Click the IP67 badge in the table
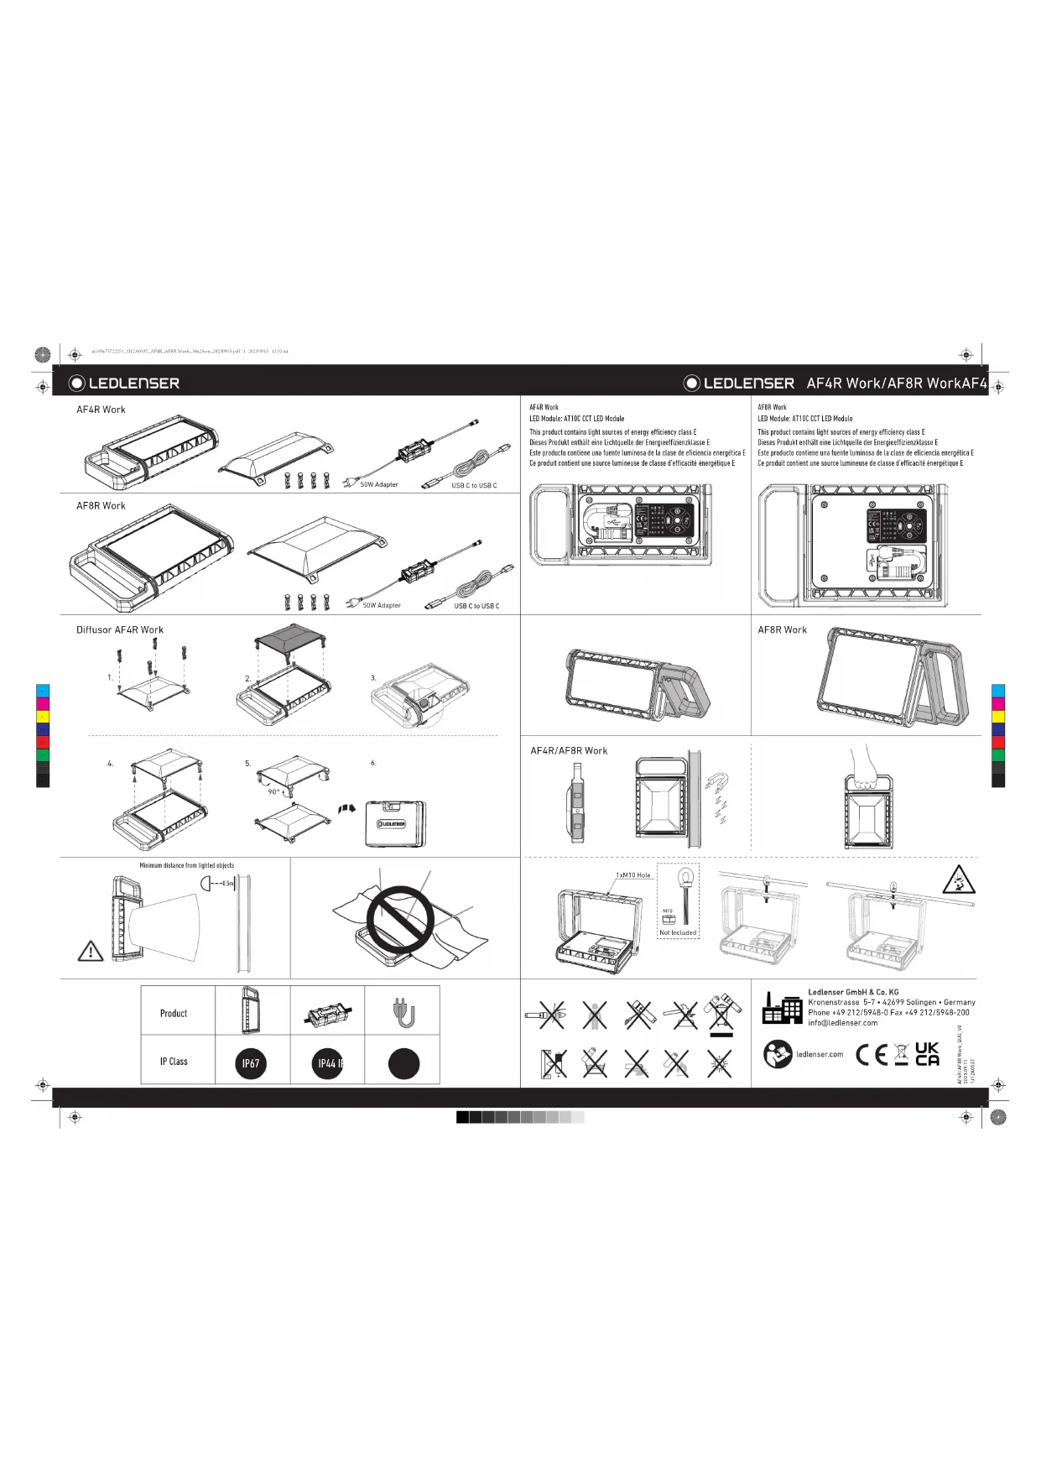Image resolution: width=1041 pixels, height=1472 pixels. (x=251, y=1063)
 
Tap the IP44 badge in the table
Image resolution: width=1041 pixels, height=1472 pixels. (x=328, y=1063)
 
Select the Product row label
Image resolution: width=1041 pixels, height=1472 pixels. (x=174, y=1013)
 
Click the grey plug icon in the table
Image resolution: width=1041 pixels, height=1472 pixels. (x=403, y=1012)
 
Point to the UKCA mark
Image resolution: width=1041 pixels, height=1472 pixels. (x=927, y=1054)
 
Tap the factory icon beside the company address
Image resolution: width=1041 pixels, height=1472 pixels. (x=782, y=1008)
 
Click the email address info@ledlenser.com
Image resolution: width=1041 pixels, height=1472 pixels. (x=842, y=1023)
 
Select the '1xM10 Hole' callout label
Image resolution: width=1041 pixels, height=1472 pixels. (x=632, y=875)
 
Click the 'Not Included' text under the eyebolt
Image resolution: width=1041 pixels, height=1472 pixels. (x=678, y=932)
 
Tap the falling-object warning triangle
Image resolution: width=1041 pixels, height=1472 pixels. (x=958, y=880)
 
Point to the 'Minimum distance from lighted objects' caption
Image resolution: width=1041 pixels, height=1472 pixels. (x=186, y=865)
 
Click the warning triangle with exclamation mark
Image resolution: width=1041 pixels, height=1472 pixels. (x=91, y=951)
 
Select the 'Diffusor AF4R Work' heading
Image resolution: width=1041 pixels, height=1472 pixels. (x=120, y=630)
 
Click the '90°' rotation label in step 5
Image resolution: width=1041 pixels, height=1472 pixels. (x=273, y=792)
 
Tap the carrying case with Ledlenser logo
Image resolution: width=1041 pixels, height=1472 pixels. (x=395, y=824)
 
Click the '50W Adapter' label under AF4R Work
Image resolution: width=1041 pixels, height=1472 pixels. (x=379, y=484)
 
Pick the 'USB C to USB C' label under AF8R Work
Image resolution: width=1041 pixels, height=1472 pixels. (x=476, y=606)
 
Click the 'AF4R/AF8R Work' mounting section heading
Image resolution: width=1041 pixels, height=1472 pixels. (x=569, y=751)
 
